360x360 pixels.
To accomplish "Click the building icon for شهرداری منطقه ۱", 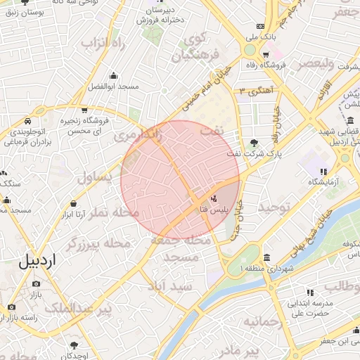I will [x=266, y=257].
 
